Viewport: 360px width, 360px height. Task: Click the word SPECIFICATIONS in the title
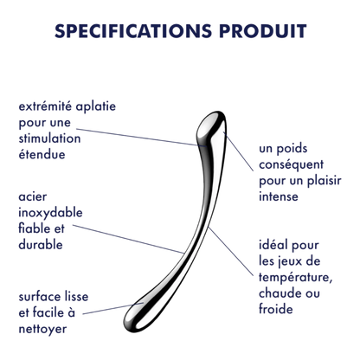(133, 31)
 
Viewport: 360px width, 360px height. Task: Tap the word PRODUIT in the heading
(262, 31)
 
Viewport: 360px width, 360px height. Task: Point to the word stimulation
(49, 138)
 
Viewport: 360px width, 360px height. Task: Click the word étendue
(42, 154)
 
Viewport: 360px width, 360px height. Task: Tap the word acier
(33, 197)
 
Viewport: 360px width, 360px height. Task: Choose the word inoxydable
(50, 214)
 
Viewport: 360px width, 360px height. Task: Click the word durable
(41, 245)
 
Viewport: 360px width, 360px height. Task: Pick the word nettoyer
(42, 330)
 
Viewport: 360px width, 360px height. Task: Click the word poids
(292, 149)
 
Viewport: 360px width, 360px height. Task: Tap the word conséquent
(291, 165)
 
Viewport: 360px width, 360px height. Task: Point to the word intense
(279, 196)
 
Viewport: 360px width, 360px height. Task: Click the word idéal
(273, 245)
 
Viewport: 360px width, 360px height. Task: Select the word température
(295, 279)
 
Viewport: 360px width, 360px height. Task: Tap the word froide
(276, 309)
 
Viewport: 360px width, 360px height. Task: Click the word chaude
(279, 293)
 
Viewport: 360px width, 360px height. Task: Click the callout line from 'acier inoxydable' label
(128, 239)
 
